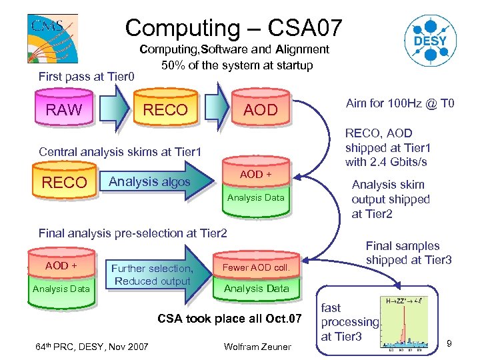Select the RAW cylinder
(x=64, y=110)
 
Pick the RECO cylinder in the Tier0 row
(x=166, y=110)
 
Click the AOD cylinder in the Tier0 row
(x=260, y=110)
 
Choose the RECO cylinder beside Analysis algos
(x=64, y=182)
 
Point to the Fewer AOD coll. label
(x=256, y=267)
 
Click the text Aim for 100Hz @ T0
(x=399, y=103)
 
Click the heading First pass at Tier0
(x=86, y=77)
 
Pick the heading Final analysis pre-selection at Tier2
(x=133, y=233)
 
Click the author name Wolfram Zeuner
(x=257, y=346)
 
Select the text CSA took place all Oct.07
(x=229, y=318)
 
